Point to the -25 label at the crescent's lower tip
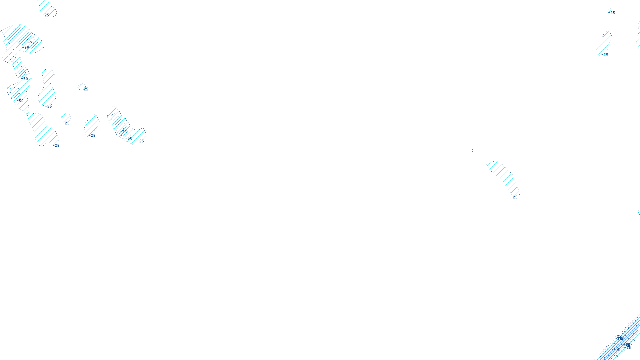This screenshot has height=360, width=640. pyautogui.click(x=514, y=197)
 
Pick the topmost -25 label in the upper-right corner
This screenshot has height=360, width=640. pyautogui.click(x=612, y=13)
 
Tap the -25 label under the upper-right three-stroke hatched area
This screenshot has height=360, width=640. pyautogui.click(x=605, y=55)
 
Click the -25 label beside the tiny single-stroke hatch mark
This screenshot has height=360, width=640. pyautogui.click(x=85, y=89)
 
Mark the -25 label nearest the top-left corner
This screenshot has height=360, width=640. pyautogui.click(x=46, y=15)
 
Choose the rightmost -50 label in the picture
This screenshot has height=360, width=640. pyautogui.click(x=129, y=138)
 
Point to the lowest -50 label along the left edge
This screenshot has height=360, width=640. pyautogui.click(x=21, y=101)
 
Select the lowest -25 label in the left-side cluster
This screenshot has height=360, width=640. pyautogui.click(x=56, y=146)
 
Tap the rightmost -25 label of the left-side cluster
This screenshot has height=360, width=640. pyautogui.click(x=141, y=141)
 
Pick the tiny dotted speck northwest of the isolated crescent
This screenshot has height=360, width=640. pyautogui.click(x=473, y=150)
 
